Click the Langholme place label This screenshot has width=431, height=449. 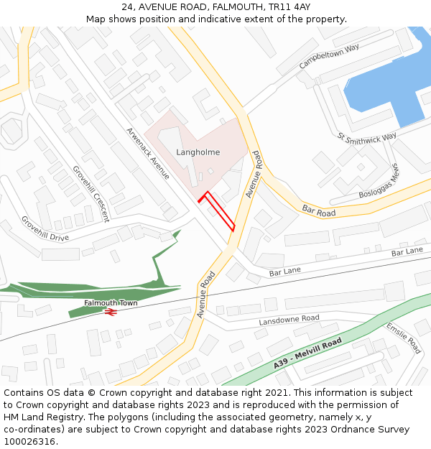click(198, 152)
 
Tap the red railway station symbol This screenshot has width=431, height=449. click(110, 312)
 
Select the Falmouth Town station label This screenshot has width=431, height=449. click(110, 303)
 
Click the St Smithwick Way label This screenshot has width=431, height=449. click(366, 136)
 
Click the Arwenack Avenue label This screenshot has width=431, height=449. click(148, 153)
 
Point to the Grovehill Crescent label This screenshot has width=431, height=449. click(91, 193)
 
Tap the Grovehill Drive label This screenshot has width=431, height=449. click(45, 228)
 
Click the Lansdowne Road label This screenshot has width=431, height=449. click(289, 319)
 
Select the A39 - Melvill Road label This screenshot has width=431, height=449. click(307, 354)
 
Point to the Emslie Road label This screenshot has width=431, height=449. click(403, 338)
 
